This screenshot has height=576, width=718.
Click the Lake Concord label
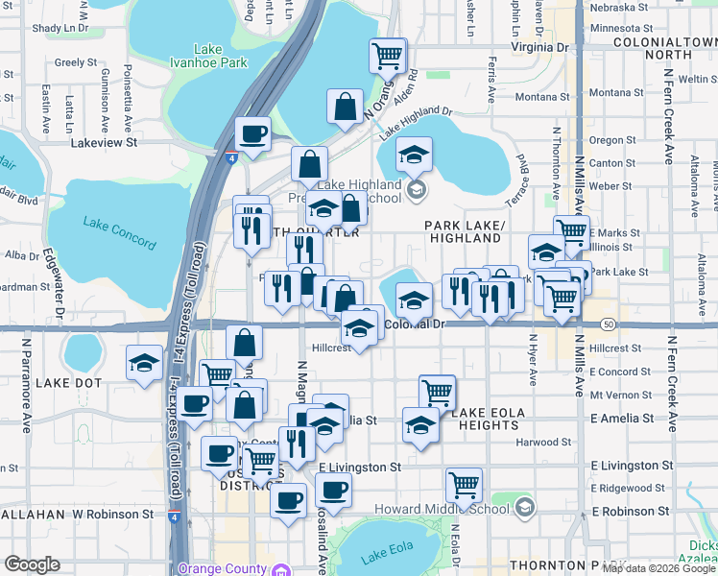click(119, 232)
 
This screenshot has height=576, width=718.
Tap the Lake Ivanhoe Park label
click(207, 56)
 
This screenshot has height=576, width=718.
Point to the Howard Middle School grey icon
click(524, 506)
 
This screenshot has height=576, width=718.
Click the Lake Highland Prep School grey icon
click(417, 189)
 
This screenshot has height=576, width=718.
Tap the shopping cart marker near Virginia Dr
click(388, 57)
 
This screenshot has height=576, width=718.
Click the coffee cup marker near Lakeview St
click(252, 134)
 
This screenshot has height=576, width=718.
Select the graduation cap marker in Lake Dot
click(145, 363)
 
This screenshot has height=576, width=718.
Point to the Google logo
click(33, 564)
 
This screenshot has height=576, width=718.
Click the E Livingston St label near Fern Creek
click(627, 466)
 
